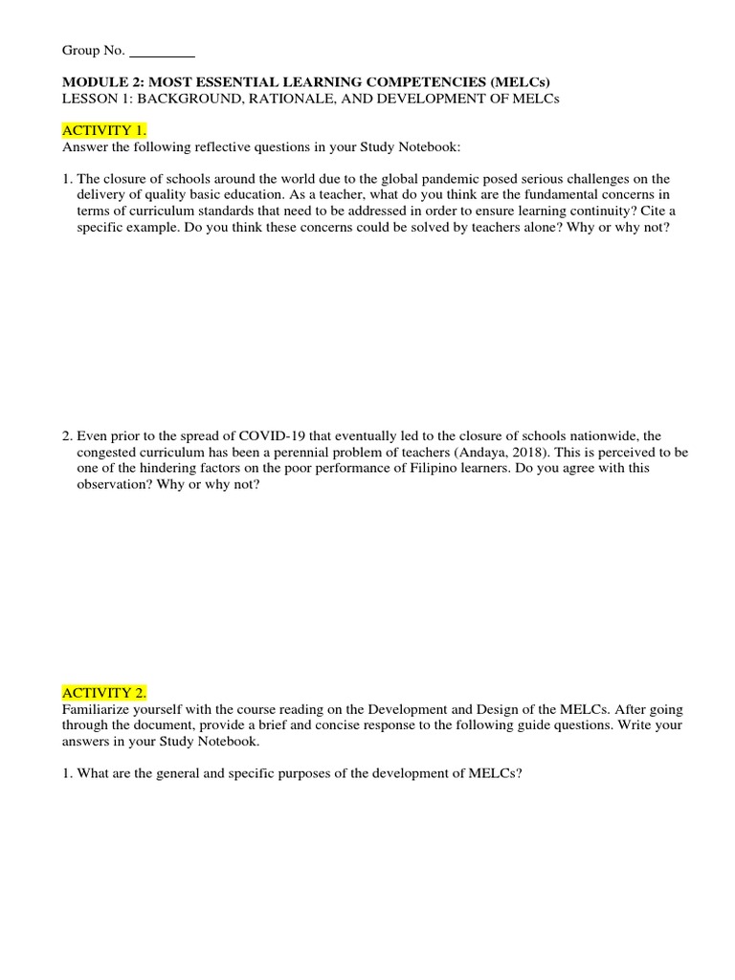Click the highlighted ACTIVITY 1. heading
(104, 129)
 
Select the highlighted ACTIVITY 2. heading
(104, 692)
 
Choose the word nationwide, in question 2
(604, 435)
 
